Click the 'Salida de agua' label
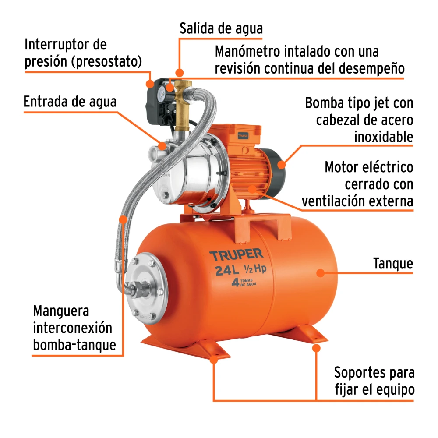[221, 29]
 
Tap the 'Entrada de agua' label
[70, 102]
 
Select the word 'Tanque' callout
[393, 263]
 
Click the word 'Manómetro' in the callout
[247, 51]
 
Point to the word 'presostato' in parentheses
[107, 61]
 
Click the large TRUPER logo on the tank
[237, 255]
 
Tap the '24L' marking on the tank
[227, 270]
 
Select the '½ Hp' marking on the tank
[255, 269]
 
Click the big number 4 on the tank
[235, 283]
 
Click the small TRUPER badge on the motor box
[243, 136]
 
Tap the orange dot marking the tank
[321, 273]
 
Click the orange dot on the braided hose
[123, 219]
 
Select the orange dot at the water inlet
[162, 145]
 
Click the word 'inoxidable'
[384, 137]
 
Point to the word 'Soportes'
[357, 373]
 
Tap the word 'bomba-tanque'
[74, 345]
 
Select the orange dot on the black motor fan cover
[282, 164]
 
